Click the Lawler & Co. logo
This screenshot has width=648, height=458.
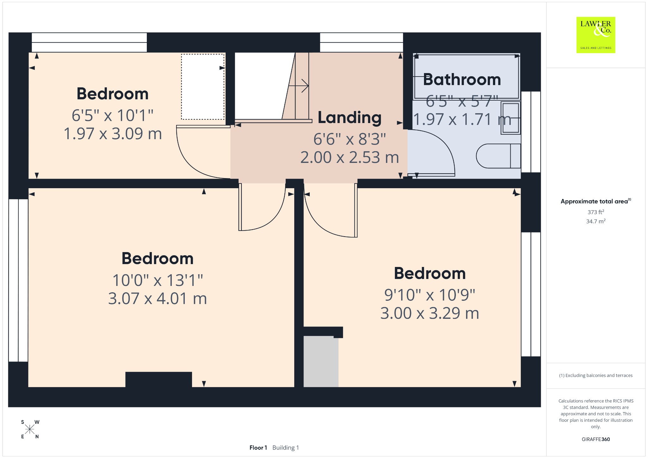[596, 35]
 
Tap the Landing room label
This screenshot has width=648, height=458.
[350, 117]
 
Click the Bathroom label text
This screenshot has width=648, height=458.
[462, 79]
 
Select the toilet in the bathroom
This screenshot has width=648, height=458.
[498, 156]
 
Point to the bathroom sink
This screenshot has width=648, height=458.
[510, 118]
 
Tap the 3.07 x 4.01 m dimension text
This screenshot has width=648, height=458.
[158, 299]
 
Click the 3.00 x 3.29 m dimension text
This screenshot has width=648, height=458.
[430, 313]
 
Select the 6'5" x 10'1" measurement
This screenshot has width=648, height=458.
[113, 115]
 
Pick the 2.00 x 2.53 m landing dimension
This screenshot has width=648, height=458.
[350, 158]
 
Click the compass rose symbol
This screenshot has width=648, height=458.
[30, 429]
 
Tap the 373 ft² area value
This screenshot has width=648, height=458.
[596, 212]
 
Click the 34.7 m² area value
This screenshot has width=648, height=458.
[596, 221]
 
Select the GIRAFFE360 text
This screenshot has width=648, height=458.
[596, 439]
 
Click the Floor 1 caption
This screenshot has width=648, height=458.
[258, 448]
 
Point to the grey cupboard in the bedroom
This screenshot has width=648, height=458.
[321, 362]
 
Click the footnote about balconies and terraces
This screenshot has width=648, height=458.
[596, 375]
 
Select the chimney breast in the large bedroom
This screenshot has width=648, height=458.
[159, 380]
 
